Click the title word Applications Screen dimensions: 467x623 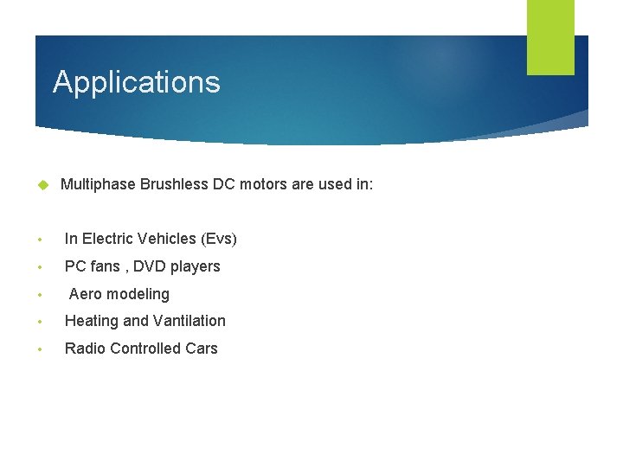click(137, 82)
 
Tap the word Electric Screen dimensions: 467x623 click(108, 239)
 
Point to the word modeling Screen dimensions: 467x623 click(138, 294)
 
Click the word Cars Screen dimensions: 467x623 click(202, 349)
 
